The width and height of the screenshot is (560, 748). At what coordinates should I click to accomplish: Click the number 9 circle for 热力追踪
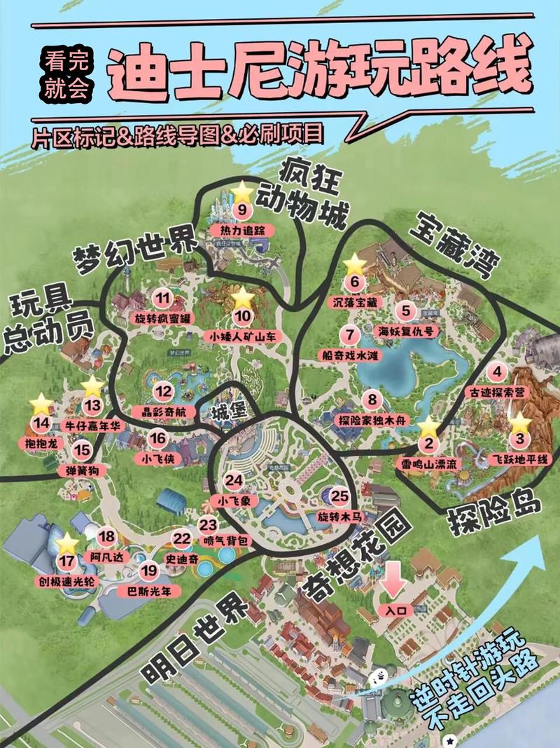tap(242, 210)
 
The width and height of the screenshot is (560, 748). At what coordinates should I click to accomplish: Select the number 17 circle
tap(67, 561)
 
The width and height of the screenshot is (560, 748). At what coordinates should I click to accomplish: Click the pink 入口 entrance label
tap(395, 611)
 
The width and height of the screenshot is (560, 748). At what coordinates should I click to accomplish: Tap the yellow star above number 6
tap(355, 264)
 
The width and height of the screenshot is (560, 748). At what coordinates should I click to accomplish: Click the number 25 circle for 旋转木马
tap(340, 496)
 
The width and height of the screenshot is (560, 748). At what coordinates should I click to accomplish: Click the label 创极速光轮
tap(67, 582)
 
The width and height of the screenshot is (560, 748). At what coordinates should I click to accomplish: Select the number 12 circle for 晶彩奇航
tap(163, 392)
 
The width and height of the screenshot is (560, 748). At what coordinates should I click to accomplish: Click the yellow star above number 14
tap(41, 404)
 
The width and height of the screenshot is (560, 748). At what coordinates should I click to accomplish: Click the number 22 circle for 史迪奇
tap(182, 539)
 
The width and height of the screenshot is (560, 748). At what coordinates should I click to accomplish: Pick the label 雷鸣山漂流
tap(428, 463)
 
